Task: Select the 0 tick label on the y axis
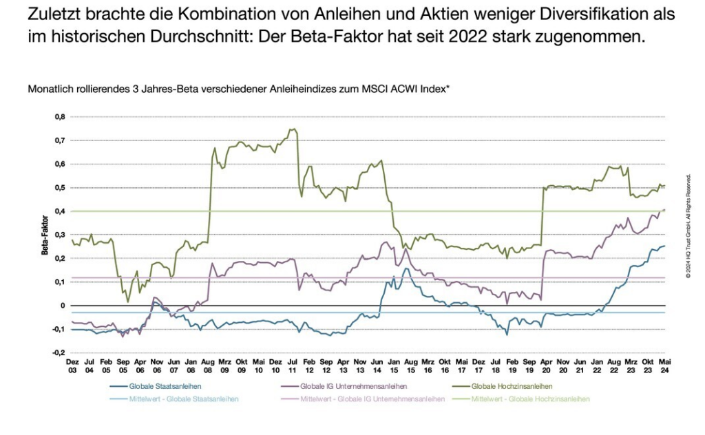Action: [63, 306]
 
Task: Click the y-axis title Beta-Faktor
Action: [45, 235]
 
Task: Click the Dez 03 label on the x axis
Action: [72, 365]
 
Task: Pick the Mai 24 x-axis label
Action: [664, 365]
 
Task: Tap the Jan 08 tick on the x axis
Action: [191, 365]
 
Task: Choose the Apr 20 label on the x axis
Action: [547, 365]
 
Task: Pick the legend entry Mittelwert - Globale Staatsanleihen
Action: [180, 399]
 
